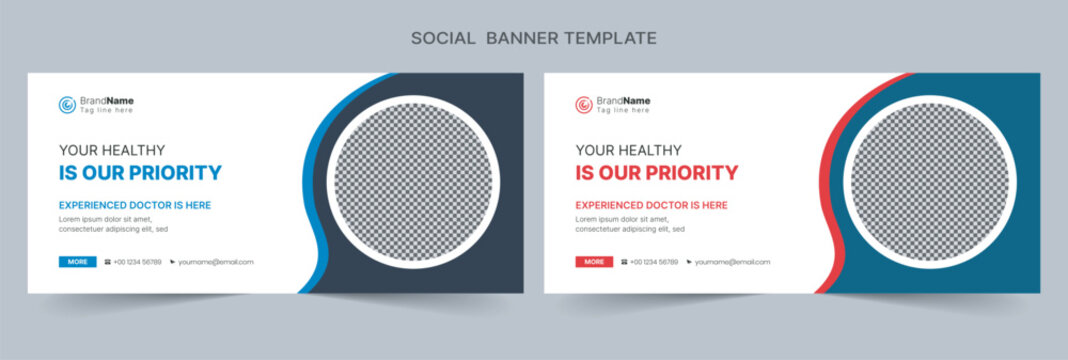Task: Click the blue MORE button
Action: [77, 262]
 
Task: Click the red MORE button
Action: [594, 262]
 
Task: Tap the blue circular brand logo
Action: [67, 104]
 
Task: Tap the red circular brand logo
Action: [584, 104]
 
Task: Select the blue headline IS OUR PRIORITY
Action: [140, 173]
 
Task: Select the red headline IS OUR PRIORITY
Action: [657, 173]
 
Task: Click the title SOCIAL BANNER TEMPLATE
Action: [534, 38]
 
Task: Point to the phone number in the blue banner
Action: [137, 262]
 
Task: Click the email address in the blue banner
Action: [216, 262]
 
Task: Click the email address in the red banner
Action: [733, 262]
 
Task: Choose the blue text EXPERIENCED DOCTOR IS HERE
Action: [135, 205]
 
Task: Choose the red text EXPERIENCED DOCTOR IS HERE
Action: [652, 205]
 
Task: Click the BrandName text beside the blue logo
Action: [107, 101]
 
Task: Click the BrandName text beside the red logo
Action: [624, 101]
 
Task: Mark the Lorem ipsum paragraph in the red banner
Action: [630, 224]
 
